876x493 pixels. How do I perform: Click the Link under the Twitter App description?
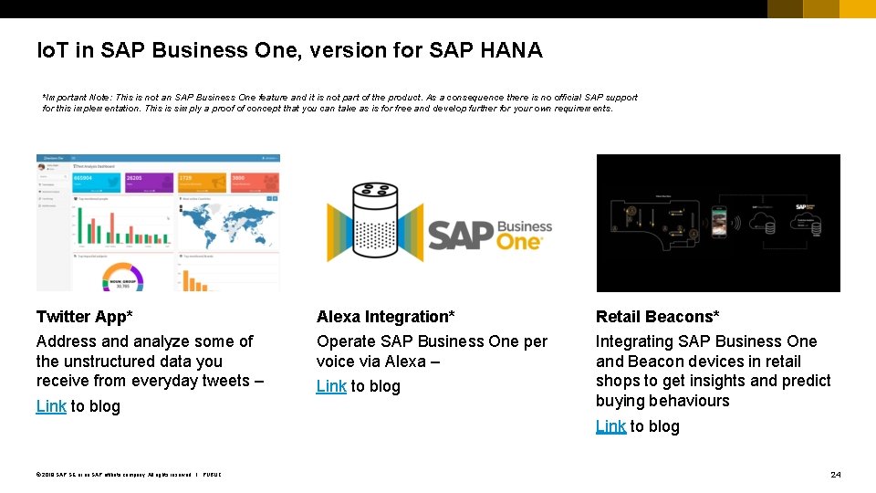point(51,406)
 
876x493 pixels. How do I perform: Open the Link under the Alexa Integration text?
point(331,386)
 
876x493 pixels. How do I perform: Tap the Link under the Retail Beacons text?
point(610,426)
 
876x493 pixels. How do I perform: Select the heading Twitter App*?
point(84,317)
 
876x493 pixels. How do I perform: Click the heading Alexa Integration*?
point(385,317)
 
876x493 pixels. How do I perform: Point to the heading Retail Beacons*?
point(657,317)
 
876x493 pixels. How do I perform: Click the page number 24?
point(835,475)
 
